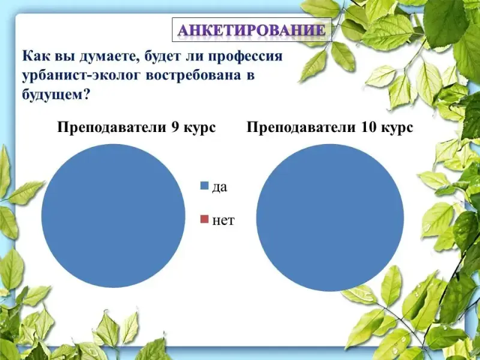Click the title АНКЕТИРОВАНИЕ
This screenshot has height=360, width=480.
(x=251, y=31)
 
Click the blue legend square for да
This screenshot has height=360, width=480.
(x=204, y=185)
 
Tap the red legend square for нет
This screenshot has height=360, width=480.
(x=204, y=219)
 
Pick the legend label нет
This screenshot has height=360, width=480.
(x=223, y=220)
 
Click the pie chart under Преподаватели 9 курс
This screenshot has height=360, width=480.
(x=113, y=216)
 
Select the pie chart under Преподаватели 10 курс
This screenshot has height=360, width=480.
(x=330, y=218)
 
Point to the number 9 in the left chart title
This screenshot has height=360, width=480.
(x=175, y=127)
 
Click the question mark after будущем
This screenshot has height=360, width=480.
(x=86, y=95)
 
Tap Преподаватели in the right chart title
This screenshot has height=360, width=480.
(x=302, y=128)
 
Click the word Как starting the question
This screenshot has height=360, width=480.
(x=34, y=56)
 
